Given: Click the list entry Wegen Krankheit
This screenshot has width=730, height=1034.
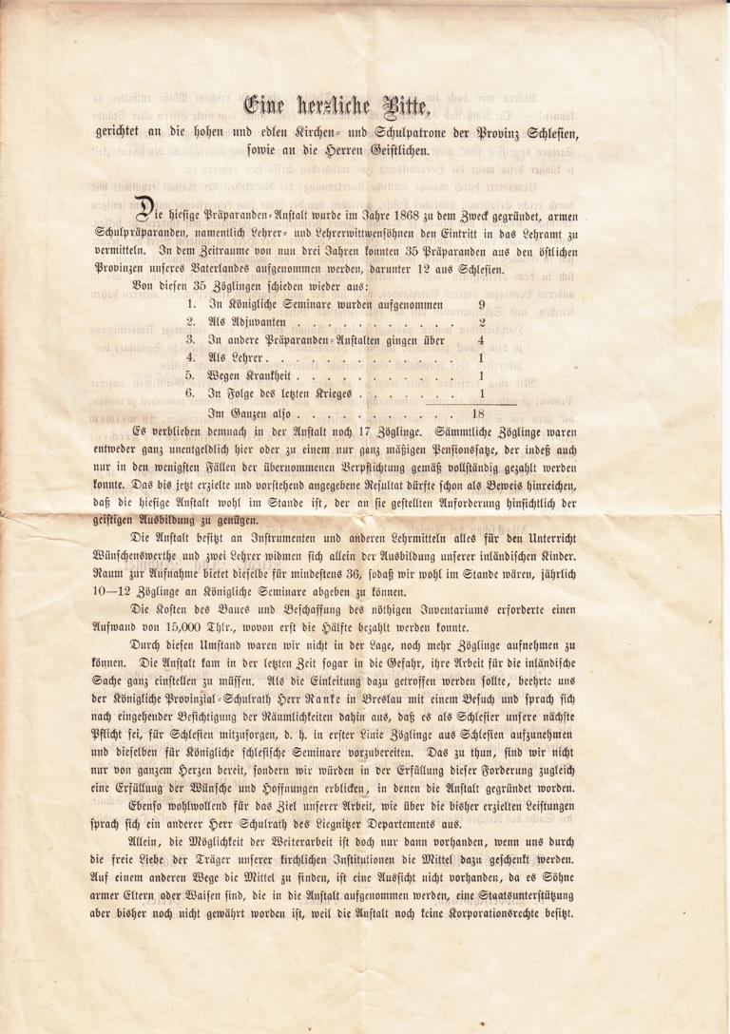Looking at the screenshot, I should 247,376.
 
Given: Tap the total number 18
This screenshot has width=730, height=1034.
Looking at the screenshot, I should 479,414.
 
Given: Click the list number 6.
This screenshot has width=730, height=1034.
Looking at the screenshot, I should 190,393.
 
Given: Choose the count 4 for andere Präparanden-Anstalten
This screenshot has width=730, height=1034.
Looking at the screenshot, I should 482,340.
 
